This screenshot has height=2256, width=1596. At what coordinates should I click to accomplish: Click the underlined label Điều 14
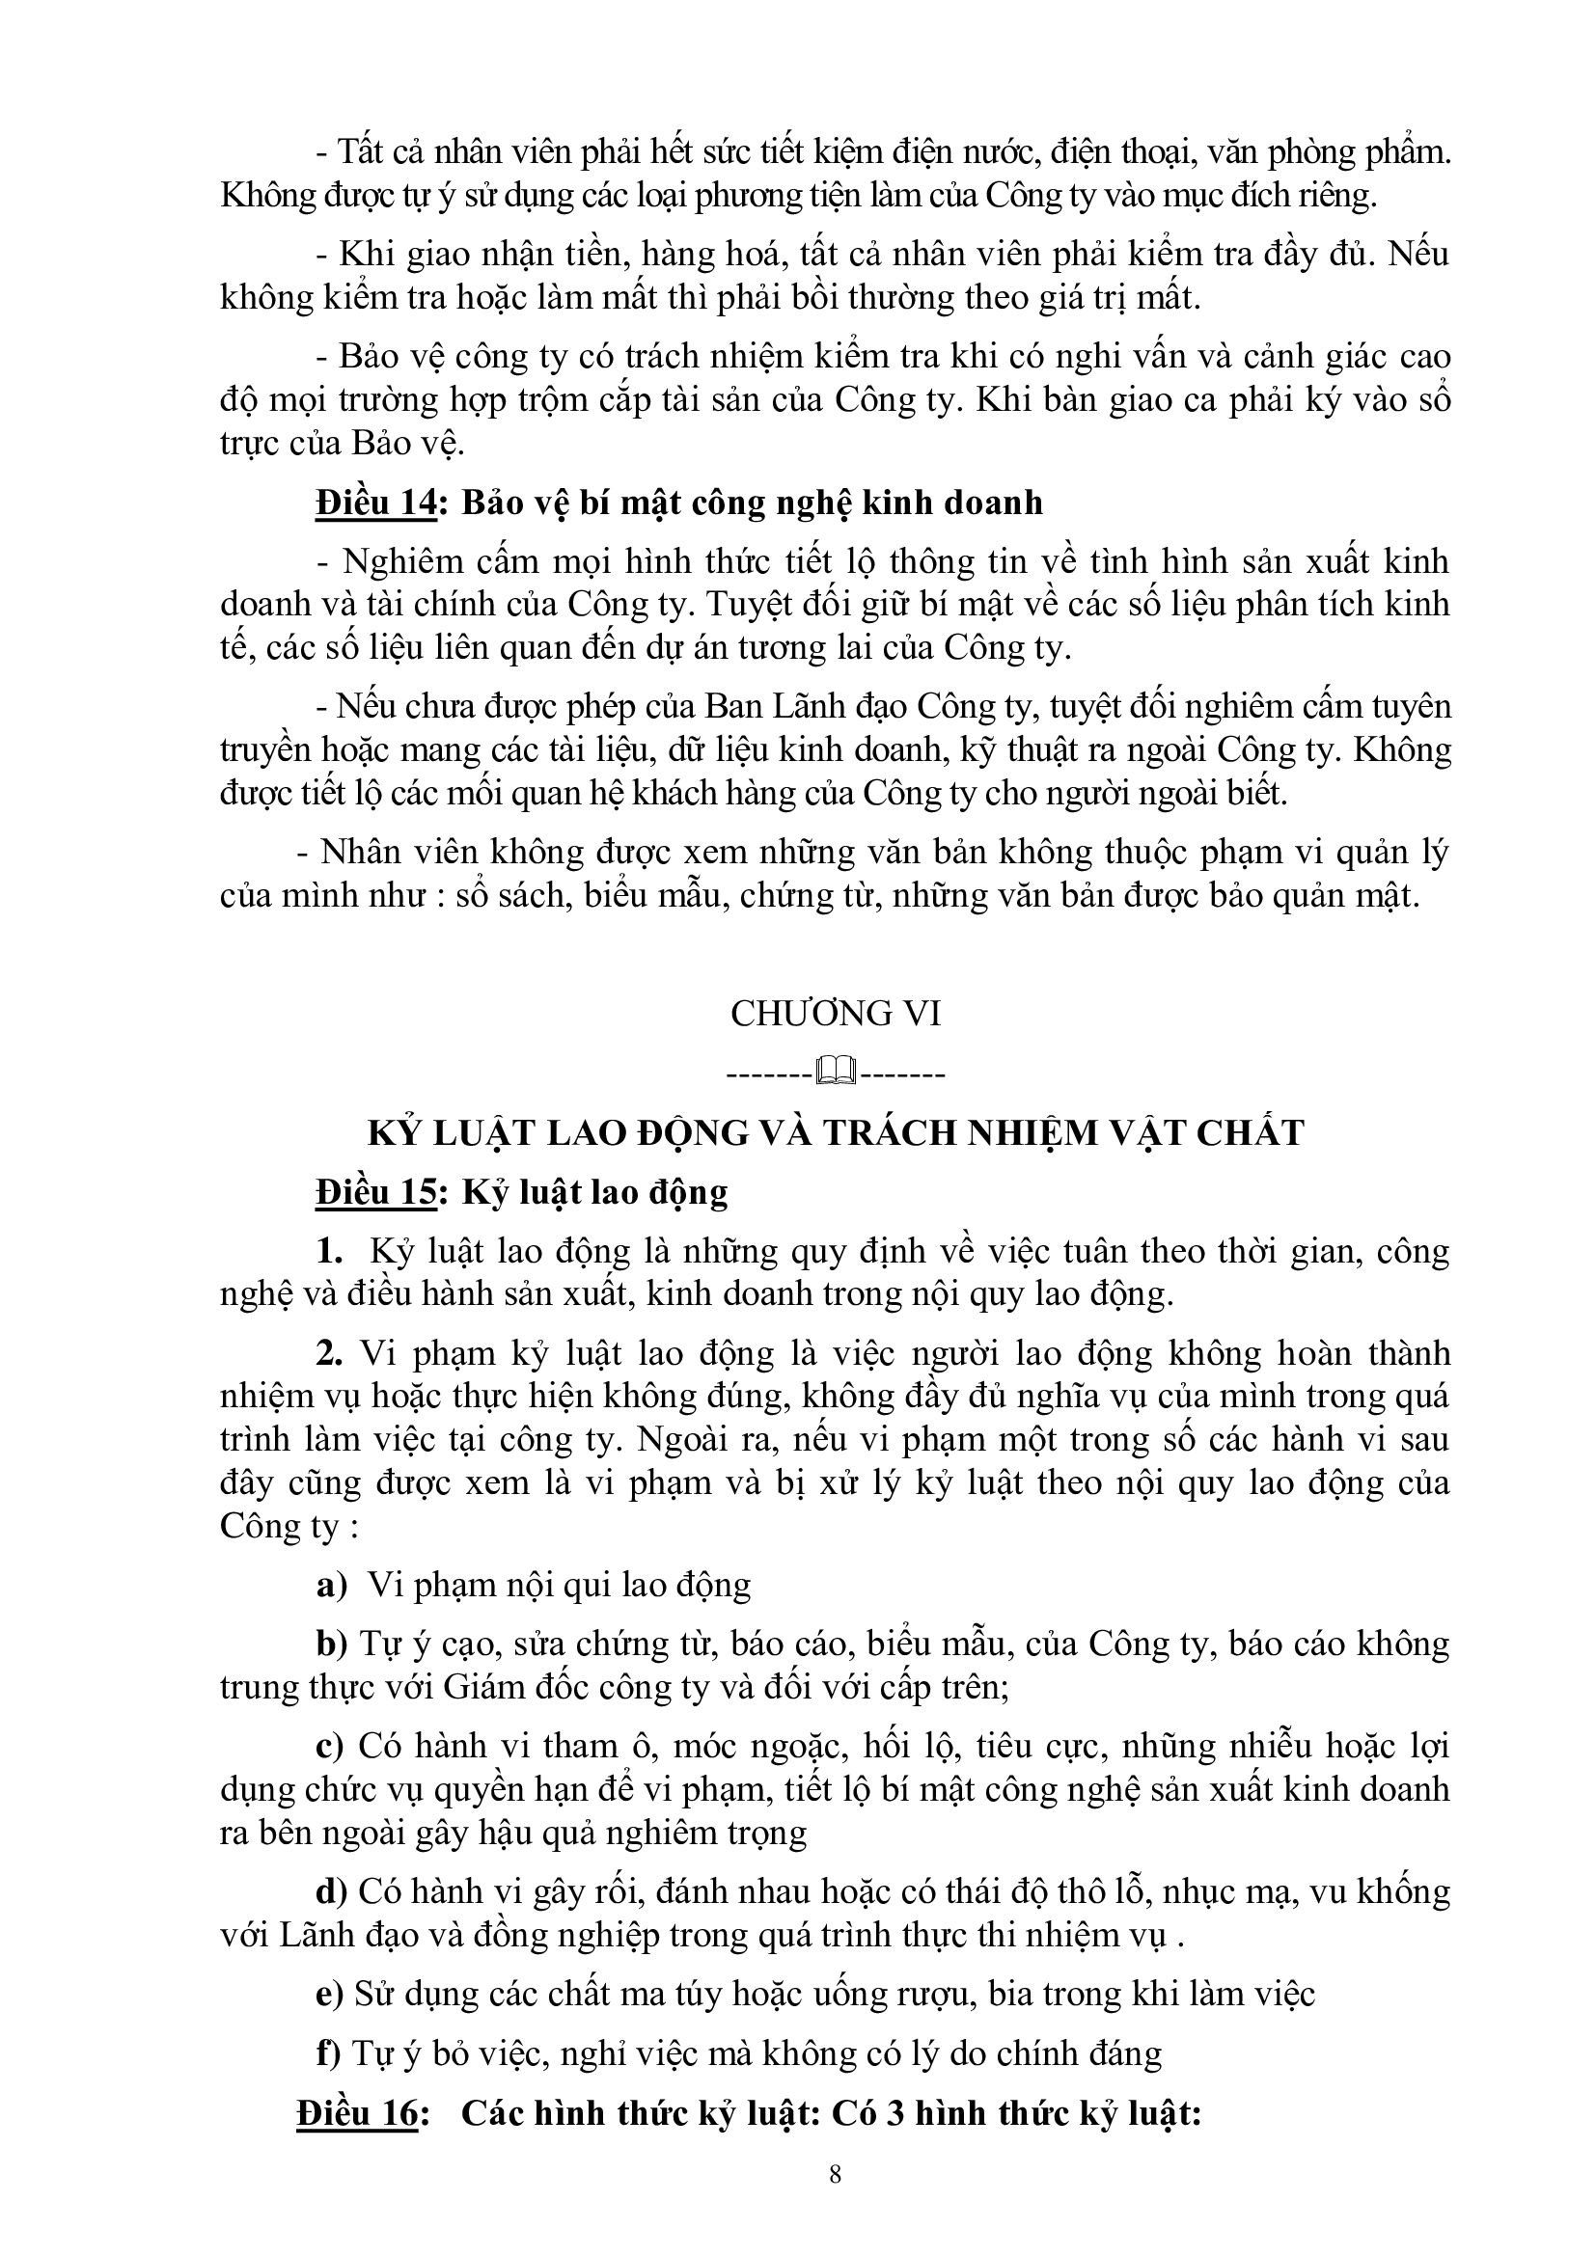pos(374,503)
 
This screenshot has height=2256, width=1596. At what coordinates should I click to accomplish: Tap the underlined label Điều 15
pos(374,1192)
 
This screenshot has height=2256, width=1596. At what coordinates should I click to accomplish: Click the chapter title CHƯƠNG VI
pos(836,1013)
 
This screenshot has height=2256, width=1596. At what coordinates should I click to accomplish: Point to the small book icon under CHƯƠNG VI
pos(836,1071)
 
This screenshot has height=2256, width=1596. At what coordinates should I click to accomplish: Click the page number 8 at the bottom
pos(836,2174)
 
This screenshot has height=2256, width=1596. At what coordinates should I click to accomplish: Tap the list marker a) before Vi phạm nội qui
pos(332,1584)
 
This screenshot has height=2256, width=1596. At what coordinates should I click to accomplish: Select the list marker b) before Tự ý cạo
pos(332,1644)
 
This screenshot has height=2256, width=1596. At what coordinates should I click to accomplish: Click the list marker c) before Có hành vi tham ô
pos(330,1746)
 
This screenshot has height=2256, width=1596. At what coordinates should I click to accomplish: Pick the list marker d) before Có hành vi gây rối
pos(332,1891)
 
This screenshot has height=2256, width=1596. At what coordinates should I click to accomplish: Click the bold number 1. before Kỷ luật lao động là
pos(329,1251)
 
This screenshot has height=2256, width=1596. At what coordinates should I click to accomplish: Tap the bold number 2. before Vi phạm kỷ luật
pos(329,1353)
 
